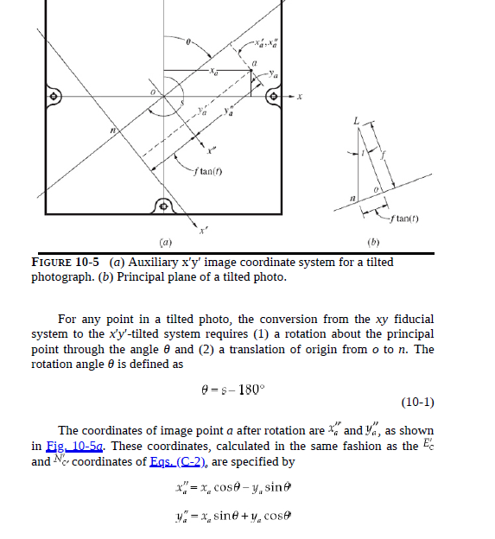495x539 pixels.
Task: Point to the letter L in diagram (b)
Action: click(353, 122)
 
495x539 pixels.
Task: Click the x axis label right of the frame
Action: click(301, 96)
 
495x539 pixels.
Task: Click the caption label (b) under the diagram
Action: click(374, 244)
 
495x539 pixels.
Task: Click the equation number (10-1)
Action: click(418, 402)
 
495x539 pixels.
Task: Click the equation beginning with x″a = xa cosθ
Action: click(235, 489)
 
